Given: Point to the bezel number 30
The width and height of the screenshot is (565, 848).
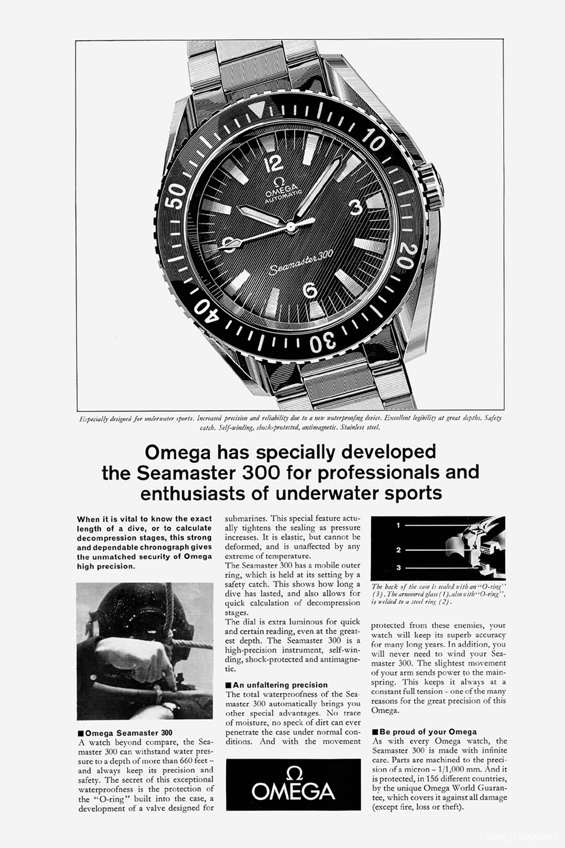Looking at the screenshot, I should pyautogui.click(x=323, y=344).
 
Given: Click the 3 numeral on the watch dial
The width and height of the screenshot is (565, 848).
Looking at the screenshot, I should pyautogui.click(x=355, y=208).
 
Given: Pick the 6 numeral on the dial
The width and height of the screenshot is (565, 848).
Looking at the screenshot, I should pyautogui.click(x=310, y=290).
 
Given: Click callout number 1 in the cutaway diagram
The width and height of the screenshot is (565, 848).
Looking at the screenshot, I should pyautogui.click(x=398, y=525).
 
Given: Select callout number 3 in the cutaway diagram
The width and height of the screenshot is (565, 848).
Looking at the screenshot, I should pyautogui.click(x=398, y=568).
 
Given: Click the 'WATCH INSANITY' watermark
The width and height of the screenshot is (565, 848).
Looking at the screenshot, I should pyautogui.click(x=521, y=837).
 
